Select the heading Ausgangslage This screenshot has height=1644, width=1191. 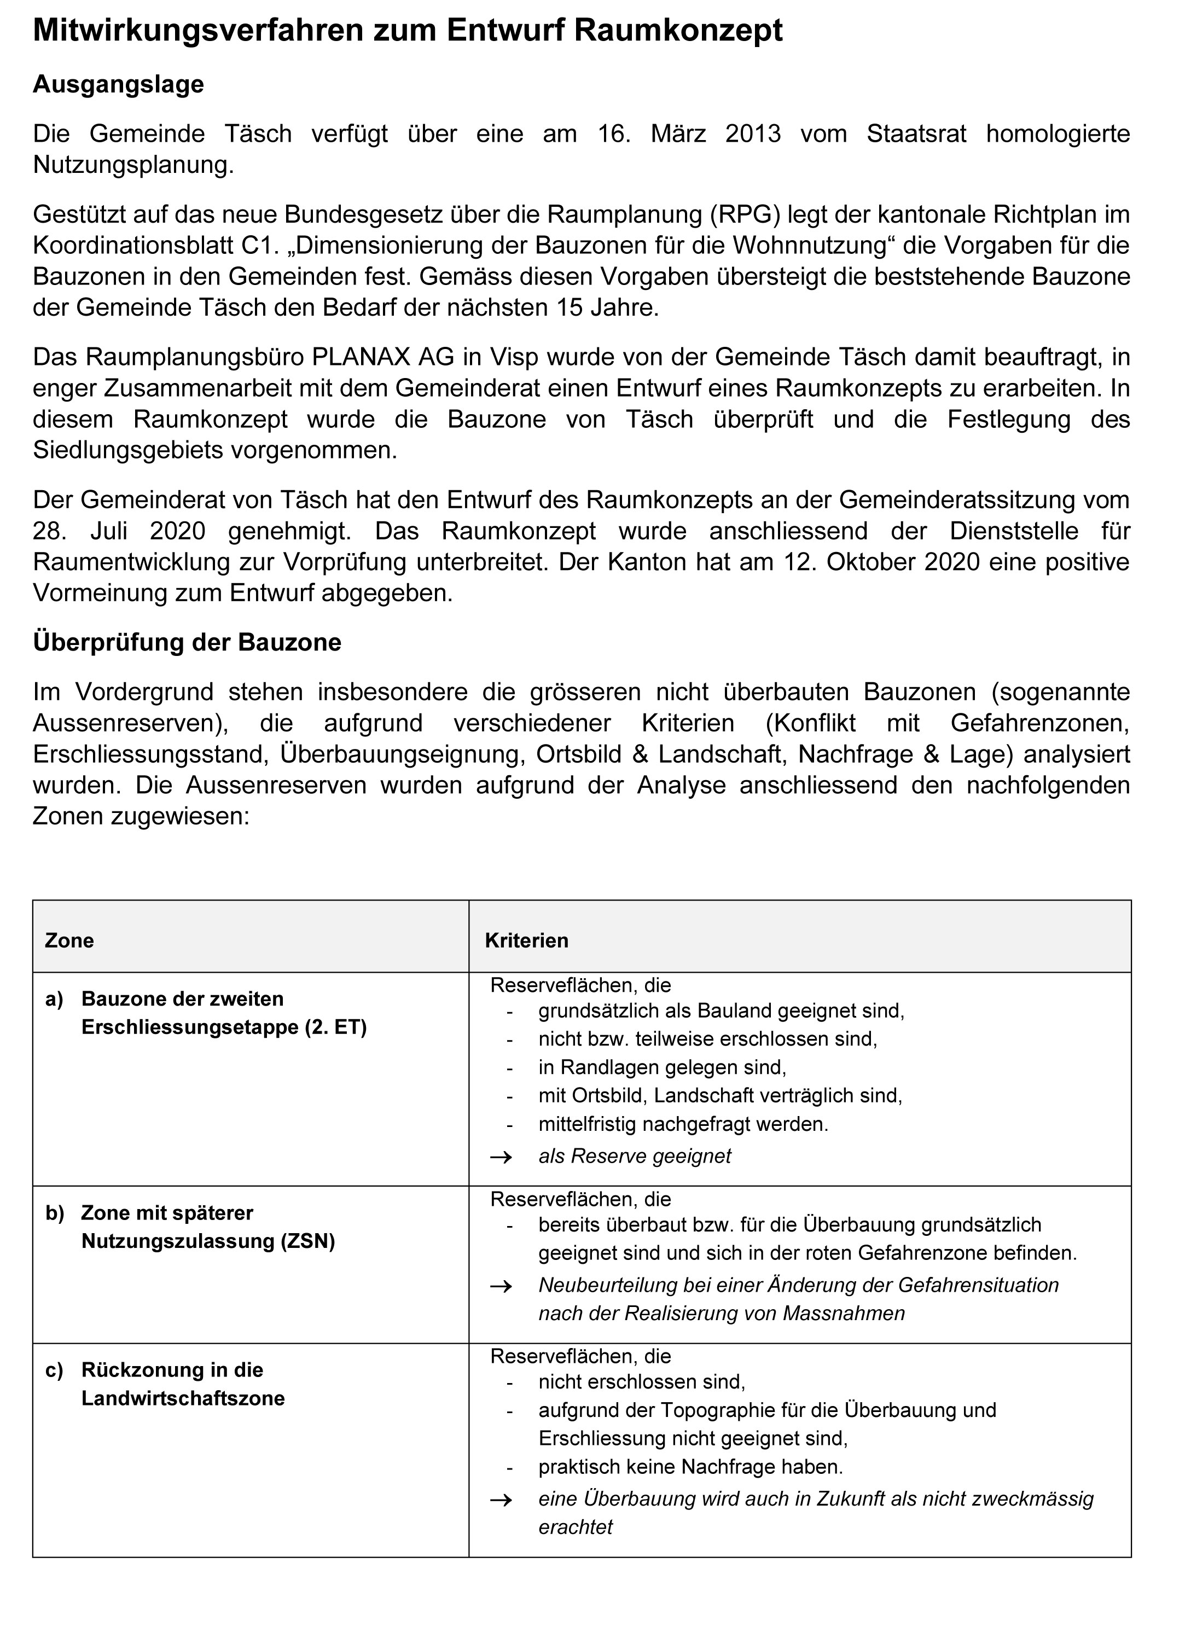pyautogui.click(x=118, y=85)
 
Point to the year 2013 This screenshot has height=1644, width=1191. pyautogui.click(x=752, y=134)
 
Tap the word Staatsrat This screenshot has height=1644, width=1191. pyautogui.click(x=916, y=134)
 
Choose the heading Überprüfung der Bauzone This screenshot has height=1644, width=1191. pyautogui.click(x=187, y=643)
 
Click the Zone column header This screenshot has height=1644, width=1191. pyautogui.click(x=69, y=941)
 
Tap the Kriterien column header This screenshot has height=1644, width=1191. pyautogui.click(x=526, y=941)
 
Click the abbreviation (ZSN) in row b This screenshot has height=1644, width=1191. pyautogui.click(x=308, y=1242)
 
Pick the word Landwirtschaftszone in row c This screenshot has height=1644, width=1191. pyautogui.click(x=183, y=1398)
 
